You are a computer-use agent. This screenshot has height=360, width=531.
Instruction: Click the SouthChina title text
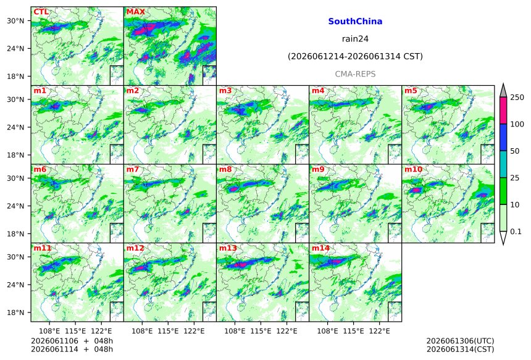tap(355, 22)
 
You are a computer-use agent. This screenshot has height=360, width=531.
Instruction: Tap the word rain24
tap(355, 39)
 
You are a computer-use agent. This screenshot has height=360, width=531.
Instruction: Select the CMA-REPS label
tap(355, 74)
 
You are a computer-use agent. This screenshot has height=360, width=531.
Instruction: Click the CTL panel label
tap(41, 12)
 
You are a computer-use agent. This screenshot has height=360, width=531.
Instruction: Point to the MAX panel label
tap(135, 12)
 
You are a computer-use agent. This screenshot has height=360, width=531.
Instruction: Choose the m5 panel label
tap(411, 91)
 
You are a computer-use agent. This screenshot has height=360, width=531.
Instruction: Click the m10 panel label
tap(413, 169)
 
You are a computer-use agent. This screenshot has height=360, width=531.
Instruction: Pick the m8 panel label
tap(225, 169)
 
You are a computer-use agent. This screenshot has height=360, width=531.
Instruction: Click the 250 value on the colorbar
tap(517, 98)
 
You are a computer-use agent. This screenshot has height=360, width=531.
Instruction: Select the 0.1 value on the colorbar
tap(516, 232)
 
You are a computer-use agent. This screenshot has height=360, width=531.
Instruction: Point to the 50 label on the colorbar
tap(515, 151)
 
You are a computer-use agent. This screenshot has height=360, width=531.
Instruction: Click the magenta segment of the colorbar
tap(503, 111)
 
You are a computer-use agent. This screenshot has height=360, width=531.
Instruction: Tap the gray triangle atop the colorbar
tap(503, 91)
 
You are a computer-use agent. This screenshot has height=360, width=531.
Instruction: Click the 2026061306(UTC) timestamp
tap(460, 341)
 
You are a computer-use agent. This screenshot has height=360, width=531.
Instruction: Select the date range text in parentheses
tap(355, 56)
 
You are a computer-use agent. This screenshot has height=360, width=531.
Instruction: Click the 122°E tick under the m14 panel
tap(379, 330)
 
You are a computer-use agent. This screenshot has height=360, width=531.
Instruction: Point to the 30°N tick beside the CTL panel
tap(15, 21)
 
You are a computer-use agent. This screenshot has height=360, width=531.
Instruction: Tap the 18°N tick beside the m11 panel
tap(15, 312)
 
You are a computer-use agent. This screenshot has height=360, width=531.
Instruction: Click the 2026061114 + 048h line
tap(72, 349)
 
